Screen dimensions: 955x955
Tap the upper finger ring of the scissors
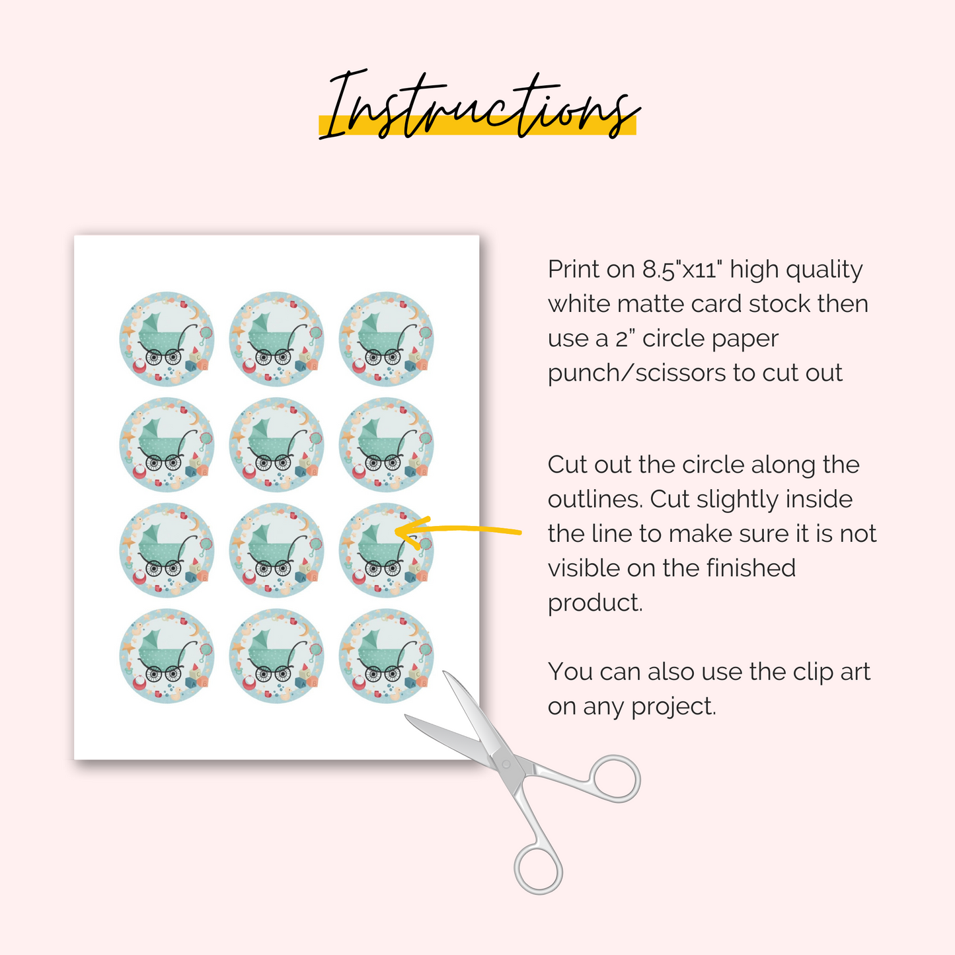click(616, 779)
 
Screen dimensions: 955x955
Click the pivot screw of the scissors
click(506, 764)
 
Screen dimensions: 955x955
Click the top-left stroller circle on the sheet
click(167, 338)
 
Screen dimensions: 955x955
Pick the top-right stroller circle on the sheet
click(387, 338)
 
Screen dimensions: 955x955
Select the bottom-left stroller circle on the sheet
click(167, 656)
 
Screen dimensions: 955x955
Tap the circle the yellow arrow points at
click(387, 550)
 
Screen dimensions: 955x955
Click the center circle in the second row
click(277, 444)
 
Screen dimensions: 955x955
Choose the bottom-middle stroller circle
click(277, 656)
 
